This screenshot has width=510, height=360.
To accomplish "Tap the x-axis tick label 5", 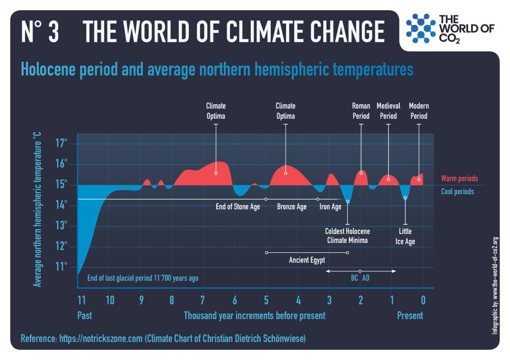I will [266, 300].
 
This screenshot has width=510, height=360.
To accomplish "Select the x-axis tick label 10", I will [110, 300].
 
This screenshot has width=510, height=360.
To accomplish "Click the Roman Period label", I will [361, 111].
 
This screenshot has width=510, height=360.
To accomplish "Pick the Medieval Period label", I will [388, 111].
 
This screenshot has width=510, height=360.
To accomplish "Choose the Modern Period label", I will [419, 111].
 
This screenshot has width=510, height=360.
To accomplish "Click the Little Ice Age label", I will [405, 237].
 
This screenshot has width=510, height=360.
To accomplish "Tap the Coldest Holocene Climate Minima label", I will [347, 236].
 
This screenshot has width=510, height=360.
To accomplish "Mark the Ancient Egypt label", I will [307, 260].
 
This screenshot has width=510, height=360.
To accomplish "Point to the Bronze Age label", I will [292, 207].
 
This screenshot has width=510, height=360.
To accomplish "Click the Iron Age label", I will [330, 207].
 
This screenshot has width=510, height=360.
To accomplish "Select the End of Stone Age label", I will [238, 207].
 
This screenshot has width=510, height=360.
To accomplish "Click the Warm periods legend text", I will [460, 178].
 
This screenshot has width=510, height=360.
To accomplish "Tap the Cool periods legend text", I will [457, 192].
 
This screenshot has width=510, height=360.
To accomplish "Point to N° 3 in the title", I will [40, 32].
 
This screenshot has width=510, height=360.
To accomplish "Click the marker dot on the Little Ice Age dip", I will [405, 198].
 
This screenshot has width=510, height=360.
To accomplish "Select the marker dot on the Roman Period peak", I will [361, 173].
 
